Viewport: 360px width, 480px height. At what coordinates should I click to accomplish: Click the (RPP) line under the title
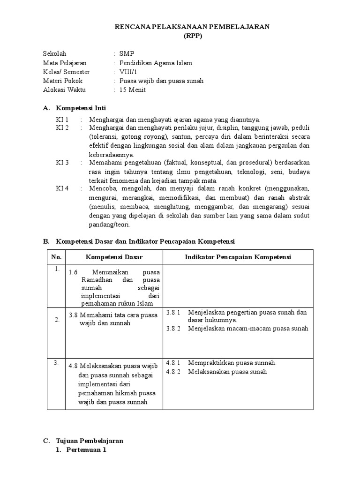point(192,36)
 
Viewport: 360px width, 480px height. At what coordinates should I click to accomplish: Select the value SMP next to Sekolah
point(127,54)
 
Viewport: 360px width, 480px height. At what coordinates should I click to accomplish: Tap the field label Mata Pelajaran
point(65,63)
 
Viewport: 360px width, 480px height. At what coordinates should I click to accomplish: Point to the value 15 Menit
point(133,90)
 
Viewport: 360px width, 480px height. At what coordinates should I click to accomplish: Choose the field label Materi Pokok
point(62,81)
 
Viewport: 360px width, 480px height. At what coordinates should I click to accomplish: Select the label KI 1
point(62,120)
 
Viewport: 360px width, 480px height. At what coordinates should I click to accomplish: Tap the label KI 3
point(62,163)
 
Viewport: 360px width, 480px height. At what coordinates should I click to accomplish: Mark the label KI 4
point(62,188)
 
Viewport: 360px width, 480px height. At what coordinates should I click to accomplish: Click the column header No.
point(56,257)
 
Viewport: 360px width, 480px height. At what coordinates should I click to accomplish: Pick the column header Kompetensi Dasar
point(114,257)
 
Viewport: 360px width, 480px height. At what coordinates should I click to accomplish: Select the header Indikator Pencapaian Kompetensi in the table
point(238,257)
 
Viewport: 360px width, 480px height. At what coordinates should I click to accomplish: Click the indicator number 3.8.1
point(173,312)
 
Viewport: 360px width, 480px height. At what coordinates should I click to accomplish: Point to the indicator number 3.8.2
point(173,329)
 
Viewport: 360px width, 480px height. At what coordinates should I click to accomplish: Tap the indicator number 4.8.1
point(173,363)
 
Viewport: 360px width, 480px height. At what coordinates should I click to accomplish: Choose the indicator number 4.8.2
point(173,372)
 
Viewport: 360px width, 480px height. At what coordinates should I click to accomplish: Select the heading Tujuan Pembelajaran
point(89,441)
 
